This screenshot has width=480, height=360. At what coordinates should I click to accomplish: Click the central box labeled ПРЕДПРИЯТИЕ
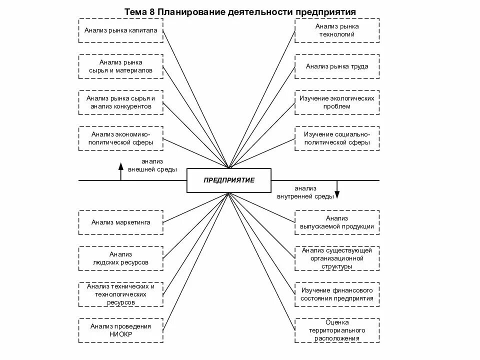229,180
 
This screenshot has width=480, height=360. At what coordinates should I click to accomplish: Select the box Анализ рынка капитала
121,30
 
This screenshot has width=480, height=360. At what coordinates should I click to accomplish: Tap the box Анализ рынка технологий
336,30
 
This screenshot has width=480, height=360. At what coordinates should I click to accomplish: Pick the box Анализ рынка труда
336,66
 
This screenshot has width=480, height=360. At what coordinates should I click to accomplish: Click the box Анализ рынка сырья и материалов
121,66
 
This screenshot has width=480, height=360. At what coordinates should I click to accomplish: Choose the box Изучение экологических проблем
336,102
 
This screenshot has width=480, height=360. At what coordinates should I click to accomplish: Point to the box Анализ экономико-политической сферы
121,138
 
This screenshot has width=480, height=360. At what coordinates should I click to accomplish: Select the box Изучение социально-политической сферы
336,138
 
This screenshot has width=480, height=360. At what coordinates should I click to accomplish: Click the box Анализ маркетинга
121,222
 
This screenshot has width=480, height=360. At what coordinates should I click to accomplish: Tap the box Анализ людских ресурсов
121,258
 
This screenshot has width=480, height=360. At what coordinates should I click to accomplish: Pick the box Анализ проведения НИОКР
121,330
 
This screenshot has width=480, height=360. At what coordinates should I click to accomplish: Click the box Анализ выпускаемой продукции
336,222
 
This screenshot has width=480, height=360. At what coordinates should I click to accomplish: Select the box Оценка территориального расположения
336,330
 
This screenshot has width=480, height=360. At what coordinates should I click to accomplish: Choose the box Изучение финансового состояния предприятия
336,294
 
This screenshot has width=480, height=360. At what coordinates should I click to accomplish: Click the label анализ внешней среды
152,165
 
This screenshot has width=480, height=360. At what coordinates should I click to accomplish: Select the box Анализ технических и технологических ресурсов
121,294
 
